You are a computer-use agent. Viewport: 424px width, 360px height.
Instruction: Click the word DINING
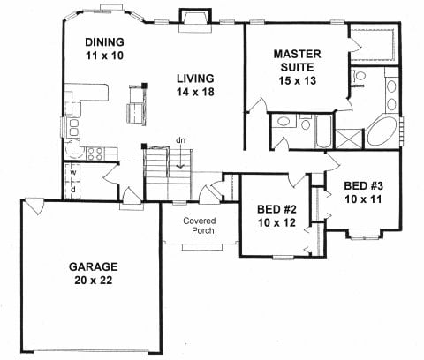tap(104, 42)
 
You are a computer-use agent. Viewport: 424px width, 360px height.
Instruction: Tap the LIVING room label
tap(195, 79)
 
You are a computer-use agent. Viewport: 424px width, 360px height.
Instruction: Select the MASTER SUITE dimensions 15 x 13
tap(298, 80)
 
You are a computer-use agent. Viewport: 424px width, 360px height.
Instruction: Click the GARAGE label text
tap(93, 266)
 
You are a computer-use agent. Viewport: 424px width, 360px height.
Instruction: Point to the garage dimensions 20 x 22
tap(94, 281)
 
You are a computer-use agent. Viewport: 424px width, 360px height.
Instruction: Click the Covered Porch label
tap(200, 226)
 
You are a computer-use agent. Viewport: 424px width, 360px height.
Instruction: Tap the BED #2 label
tap(276, 209)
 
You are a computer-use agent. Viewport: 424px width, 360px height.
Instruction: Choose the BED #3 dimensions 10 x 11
tap(363, 199)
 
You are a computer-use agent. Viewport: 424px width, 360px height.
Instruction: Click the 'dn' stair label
tap(181, 140)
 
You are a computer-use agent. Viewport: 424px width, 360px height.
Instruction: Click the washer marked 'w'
tap(72, 172)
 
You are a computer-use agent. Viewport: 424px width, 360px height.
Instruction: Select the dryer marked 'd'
tap(72, 190)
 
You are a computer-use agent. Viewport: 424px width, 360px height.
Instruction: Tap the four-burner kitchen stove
tap(95, 154)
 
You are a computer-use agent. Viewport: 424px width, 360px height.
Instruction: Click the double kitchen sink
tap(72, 127)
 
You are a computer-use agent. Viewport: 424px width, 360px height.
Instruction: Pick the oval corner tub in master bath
tap(382, 133)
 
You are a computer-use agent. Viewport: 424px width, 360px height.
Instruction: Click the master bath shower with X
tap(349, 139)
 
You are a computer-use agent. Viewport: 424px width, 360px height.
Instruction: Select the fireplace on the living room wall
tap(195, 20)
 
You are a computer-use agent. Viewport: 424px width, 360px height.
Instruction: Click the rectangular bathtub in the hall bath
tap(323, 131)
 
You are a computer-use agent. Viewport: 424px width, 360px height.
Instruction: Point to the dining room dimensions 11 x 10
tap(104, 56)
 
